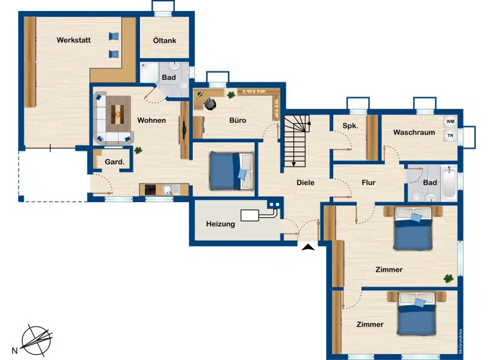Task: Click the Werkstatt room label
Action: click(x=73, y=40)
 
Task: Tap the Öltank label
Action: click(x=164, y=41)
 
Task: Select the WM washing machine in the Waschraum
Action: click(x=450, y=122)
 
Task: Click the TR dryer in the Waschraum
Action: click(x=450, y=135)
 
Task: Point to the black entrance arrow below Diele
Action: click(x=308, y=247)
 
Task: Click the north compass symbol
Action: click(x=36, y=341)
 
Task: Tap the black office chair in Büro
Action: click(x=210, y=104)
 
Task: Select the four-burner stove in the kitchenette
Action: click(x=150, y=189)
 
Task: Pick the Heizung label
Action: click(x=220, y=224)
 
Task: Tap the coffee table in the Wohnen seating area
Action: click(x=117, y=114)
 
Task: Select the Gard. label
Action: click(x=115, y=162)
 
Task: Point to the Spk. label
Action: click(x=350, y=126)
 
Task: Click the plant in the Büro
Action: click(x=231, y=95)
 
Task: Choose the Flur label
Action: click(x=369, y=182)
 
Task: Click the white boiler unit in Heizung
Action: click(x=249, y=216)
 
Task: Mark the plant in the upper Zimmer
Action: click(x=448, y=279)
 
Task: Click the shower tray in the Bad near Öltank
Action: click(x=150, y=73)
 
